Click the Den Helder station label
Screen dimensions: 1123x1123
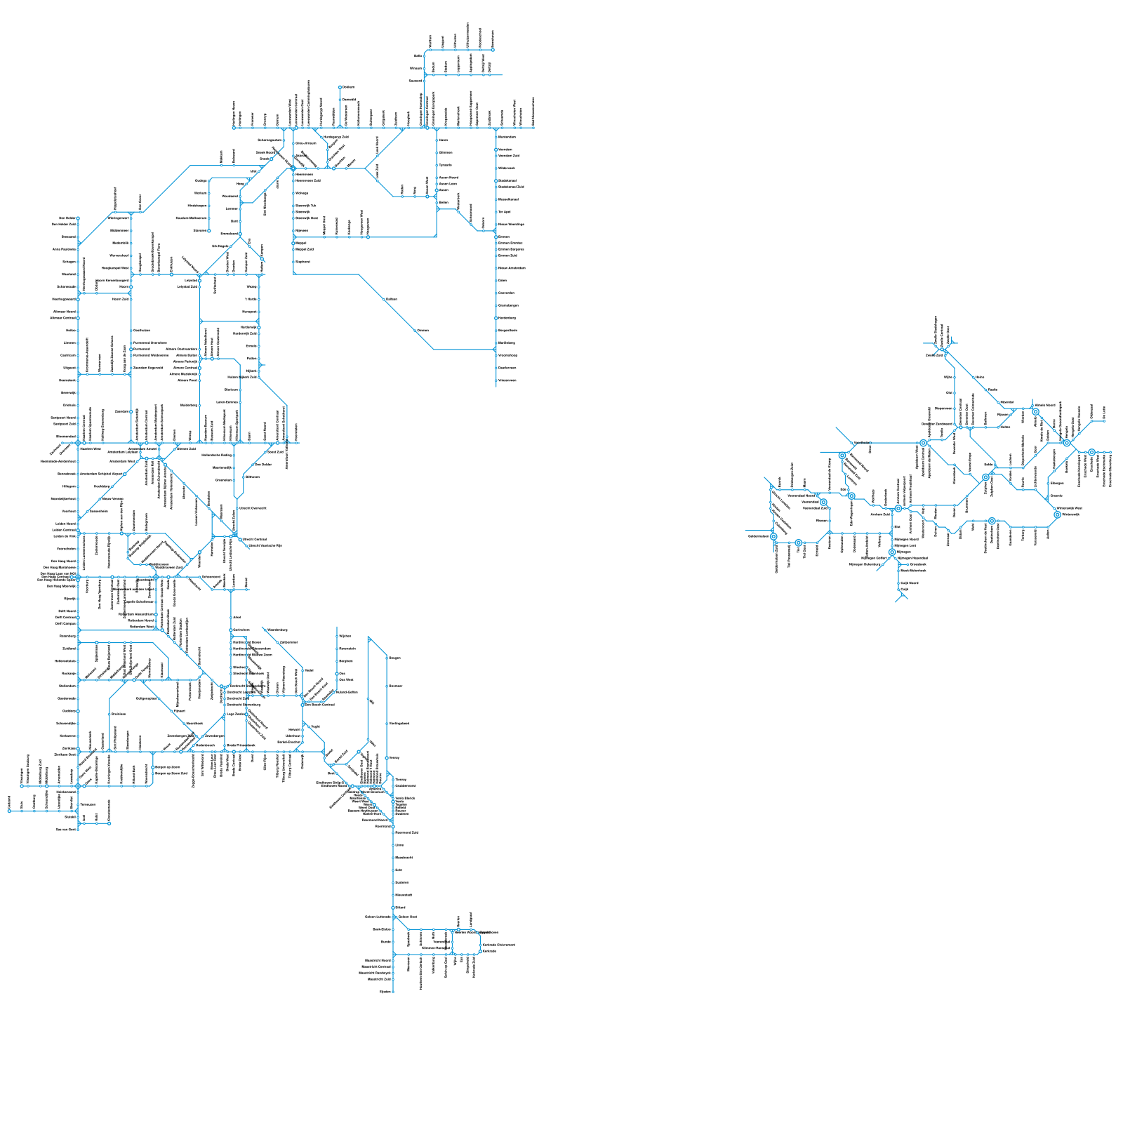point(67,218)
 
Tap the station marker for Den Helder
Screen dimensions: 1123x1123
point(78,218)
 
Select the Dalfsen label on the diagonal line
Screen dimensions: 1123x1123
point(392,299)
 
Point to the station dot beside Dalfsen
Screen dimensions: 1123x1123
point(384,299)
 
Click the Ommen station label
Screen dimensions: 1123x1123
point(423,330)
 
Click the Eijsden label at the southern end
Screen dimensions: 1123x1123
point(385,992)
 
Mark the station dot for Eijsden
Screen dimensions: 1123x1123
point(393,992)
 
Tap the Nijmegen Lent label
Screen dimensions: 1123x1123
point(906,545)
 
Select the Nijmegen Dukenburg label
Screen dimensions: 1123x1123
point(865,564)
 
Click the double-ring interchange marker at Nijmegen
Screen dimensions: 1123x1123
point(892,552)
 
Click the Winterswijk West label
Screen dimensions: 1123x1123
point(1069,508)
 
